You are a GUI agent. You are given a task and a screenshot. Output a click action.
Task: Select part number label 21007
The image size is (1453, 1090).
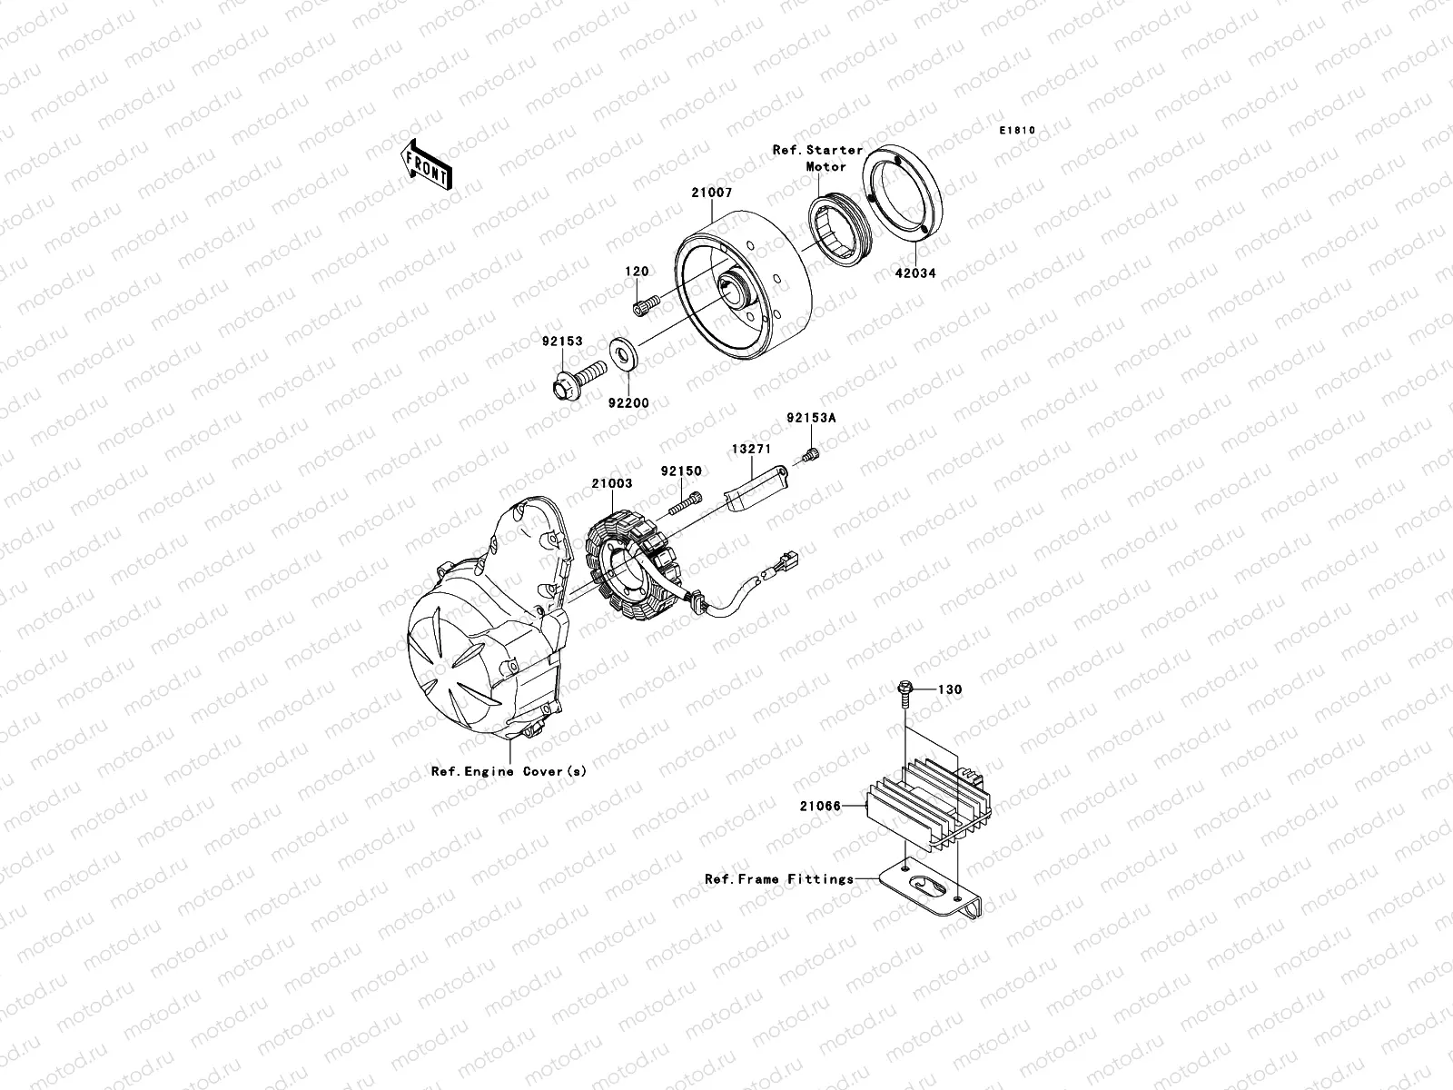tap(711, 193)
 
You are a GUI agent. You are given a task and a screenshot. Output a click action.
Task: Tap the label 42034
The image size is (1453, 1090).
tap(914, 272)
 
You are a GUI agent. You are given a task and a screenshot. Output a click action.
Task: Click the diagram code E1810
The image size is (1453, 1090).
tap(1017, 131)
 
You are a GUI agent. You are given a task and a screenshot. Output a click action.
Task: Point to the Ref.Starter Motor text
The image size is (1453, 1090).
tap(817, 158)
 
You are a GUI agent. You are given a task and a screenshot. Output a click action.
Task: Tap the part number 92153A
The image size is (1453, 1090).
tap(811, 419)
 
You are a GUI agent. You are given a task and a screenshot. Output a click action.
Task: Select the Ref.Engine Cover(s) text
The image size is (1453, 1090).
tap(509, 771)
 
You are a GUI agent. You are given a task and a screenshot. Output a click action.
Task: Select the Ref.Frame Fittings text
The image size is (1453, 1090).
tap(778, 878)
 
